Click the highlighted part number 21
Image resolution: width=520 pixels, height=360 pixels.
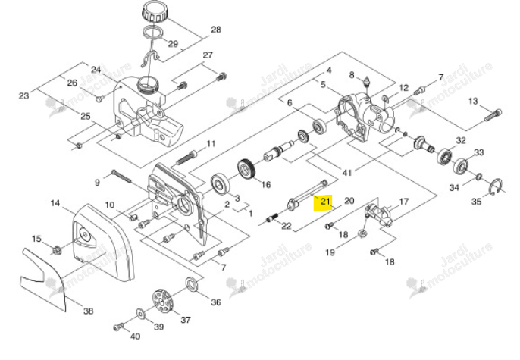pos(325,201)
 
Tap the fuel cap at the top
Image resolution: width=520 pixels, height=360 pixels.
pos(155,13)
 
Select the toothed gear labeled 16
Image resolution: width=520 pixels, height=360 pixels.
pos(246,171)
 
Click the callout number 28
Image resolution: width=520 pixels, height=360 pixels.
pos(216,30)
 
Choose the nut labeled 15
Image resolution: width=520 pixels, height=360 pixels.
pos(57,249)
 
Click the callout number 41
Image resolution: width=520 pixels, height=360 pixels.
pos(347,173)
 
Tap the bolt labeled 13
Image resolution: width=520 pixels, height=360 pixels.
pos(493,114)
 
